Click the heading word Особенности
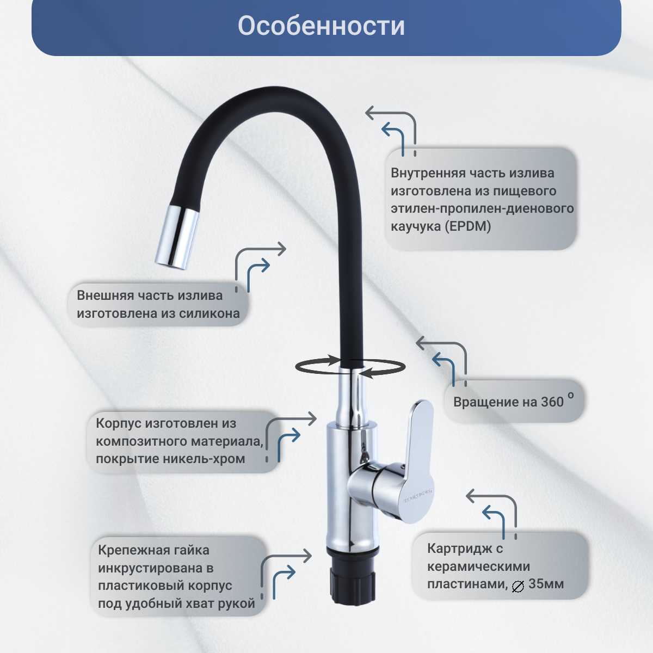click(x=321, y=26)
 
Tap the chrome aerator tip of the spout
click(x=177, y=236)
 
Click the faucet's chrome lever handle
click(x=419, y=461)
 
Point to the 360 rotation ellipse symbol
click(x=350, y=367)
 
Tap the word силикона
click(x=210, y=313)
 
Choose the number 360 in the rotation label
click(x=552, y=402)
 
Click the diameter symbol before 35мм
click(x=518, y=587)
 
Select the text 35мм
click(x=546, y=584)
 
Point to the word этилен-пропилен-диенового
click(x=482, y=208)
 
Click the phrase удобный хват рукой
click(x=190, y=603)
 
